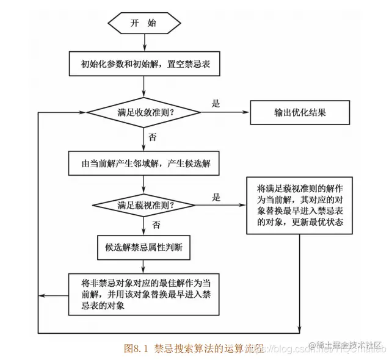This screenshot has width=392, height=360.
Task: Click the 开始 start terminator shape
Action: [144, 23]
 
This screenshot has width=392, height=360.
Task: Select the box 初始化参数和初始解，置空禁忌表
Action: [145, 63]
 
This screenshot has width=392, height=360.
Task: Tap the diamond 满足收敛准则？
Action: [144, 113]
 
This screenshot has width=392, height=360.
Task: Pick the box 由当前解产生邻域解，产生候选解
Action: [145, 164]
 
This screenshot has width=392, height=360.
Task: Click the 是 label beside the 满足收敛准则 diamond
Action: [216, 104]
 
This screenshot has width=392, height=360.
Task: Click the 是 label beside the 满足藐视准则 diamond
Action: [216, 197]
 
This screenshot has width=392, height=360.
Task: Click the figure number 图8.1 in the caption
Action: [137, 348]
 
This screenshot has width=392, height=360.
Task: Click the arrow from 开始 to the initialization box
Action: [144, 42]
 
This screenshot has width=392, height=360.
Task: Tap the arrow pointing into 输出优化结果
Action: [226, 113]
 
